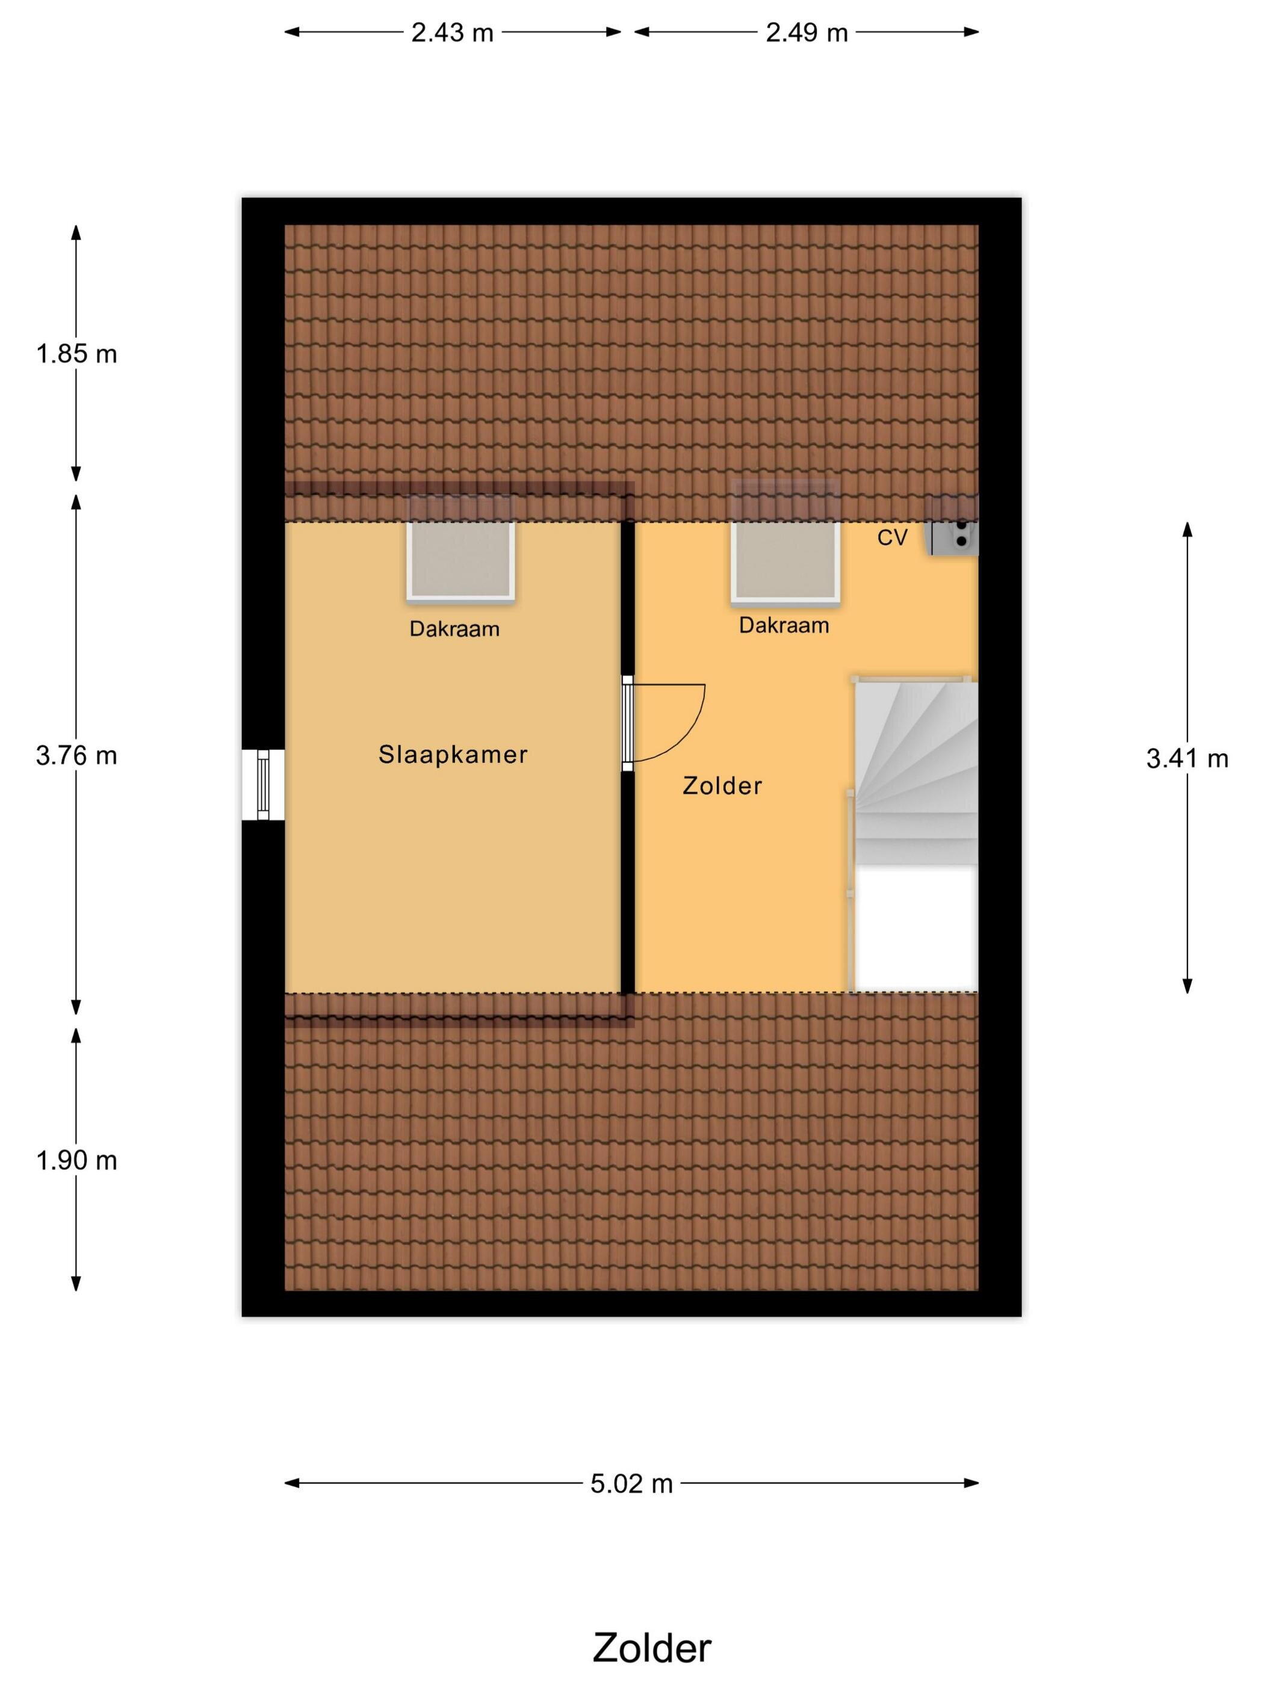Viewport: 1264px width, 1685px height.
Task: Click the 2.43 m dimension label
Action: tap(452, 32)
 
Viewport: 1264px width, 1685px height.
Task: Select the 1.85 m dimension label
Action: tap(76, 354)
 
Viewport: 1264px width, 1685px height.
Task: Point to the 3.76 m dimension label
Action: tap(76, 756)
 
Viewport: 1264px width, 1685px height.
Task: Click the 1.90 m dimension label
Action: tap(76, 1160)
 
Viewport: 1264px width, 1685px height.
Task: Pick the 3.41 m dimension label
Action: tap(1187, 759)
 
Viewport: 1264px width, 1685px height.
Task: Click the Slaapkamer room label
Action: tap(453, 754)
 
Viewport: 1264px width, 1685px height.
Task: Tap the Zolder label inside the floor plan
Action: tap(722, 785)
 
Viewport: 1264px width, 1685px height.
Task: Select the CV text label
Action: tap(892, 538)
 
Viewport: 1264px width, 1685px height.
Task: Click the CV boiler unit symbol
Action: tap(952, 525)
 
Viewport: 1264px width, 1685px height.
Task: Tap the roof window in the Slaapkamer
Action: tap(460, 548)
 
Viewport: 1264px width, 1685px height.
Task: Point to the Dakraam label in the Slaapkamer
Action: tap(454, 629)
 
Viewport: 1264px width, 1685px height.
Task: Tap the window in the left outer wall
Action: tap(263, 785)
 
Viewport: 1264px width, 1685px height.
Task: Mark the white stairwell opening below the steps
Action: tap(916, 928)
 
